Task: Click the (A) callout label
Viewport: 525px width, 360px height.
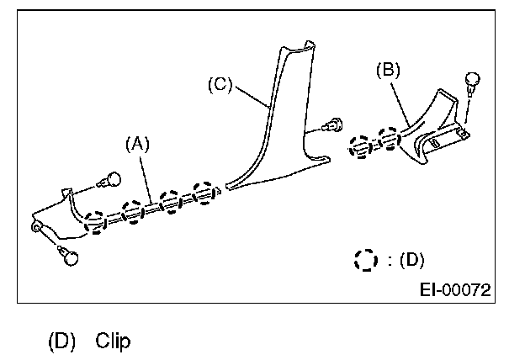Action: tap(137, 144)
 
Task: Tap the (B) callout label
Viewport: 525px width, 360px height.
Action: tap(389, 70)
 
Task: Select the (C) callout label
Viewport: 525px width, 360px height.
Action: tap(221, 84)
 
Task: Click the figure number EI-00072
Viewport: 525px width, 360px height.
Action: tap(455, 290)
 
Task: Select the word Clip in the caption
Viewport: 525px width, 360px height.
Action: tap(113, 341)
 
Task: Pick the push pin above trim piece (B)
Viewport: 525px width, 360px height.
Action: tap(473, 82)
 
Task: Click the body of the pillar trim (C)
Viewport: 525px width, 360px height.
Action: tap(282, 126)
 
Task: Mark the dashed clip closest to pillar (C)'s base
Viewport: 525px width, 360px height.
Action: tap(204, 192)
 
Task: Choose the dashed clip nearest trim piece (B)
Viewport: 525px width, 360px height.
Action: tap(388, 139)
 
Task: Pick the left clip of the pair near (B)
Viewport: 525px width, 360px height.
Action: tap(358, 146)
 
